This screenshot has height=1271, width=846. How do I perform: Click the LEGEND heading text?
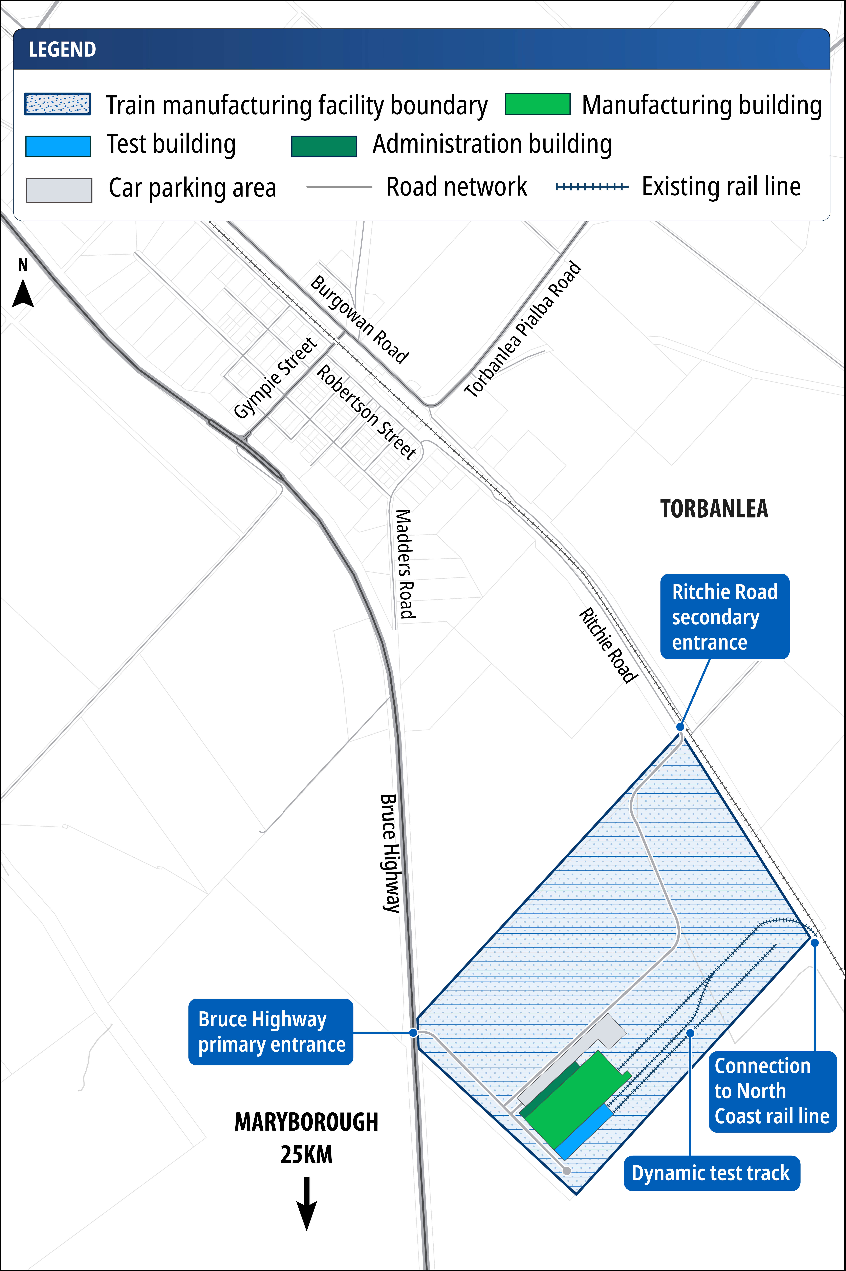pyautogui.click(x=62, y=50)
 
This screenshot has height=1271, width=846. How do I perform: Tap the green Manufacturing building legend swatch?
pyautogui.click(x=537, y=104)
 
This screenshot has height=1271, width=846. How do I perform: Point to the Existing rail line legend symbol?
pyautogui.click(x=592, y=187)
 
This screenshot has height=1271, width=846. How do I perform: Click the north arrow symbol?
pyautogui.click(x=23, y=294)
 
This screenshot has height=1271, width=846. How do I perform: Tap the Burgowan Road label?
pyautogui.click(x=359, y=319)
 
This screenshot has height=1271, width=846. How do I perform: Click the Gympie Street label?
pyautogui.click(x=275, y=378)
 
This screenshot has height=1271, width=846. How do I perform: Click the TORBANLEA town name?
pyautogui.click(x=714, y=509)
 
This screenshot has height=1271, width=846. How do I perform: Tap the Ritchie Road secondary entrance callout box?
pyautogui.click(x=725, y=616)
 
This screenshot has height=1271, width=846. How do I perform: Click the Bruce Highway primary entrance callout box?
pyautogui.click(x=271, y=1032)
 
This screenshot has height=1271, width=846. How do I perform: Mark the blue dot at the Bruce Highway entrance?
pyautogui.click(x=413, y=1032)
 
